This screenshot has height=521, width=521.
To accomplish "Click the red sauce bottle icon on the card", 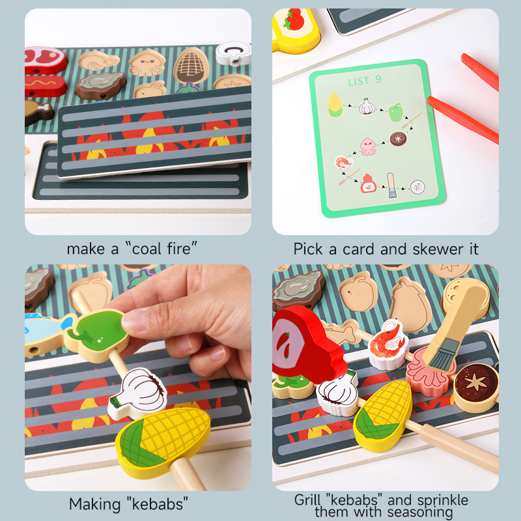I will [x=369, y=184].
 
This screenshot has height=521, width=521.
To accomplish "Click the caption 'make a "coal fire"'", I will [x=132, y=248].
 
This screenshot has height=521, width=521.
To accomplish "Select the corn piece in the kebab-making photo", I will [x=163, y=436].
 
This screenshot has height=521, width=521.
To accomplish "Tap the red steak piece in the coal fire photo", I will [x=46, y=59].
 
